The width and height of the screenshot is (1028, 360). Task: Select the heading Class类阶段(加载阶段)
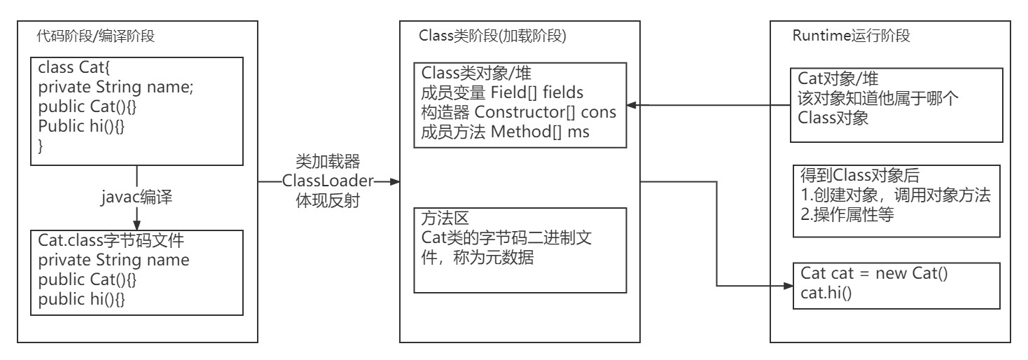tap(492, 37)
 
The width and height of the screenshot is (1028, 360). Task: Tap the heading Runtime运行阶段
tap(851, 36)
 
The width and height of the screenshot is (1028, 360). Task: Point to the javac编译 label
tap(137, 198)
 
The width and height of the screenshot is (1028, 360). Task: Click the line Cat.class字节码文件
tap(111, 240)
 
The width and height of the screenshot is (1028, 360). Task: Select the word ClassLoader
tap(327, 180)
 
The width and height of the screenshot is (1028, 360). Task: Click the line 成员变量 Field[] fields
tap(502, 92)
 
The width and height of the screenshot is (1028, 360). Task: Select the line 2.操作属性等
tap(847, 215)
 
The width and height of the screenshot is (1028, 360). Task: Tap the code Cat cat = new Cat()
tap(874, 274)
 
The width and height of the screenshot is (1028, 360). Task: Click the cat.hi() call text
tap(826, 292)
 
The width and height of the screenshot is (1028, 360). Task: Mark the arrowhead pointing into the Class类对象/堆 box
tap(631, 106)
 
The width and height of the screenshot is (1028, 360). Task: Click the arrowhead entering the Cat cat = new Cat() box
tap(786, 286)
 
